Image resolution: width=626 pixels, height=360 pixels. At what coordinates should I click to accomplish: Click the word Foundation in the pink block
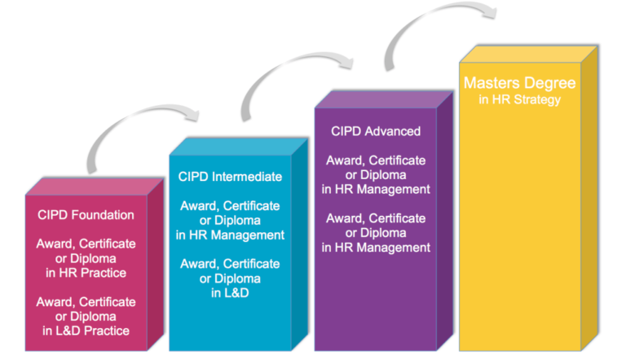pos(104,215)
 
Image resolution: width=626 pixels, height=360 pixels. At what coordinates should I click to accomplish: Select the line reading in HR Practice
pos(86,273)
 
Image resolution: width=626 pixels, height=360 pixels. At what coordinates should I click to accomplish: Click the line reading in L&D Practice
pos(86,331)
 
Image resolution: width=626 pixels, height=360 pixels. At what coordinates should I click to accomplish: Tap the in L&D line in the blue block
pos(229,293)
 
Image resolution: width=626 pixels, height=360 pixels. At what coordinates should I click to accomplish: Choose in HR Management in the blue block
pos(231,235)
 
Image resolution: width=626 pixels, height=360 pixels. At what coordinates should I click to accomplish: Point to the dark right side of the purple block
pos(444,228)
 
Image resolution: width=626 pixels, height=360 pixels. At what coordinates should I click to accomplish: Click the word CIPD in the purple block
pos(346,131)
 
